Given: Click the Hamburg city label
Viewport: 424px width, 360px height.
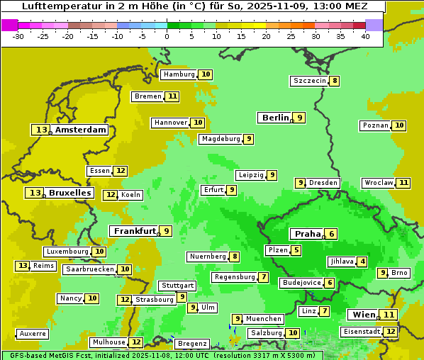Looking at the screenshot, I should click(179, 74).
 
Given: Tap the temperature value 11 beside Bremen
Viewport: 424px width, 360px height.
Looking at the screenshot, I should click(172, 96).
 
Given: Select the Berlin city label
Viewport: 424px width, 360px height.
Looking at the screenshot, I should click(275, 118).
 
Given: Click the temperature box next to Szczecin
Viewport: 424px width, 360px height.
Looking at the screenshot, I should click(334, 81).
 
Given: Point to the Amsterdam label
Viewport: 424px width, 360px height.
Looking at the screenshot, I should click(81, 130).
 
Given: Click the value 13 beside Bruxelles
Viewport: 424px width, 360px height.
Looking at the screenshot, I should click(34, 193).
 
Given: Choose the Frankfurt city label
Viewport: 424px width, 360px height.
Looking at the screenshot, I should click(134, 231).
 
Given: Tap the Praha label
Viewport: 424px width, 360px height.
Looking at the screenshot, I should click(307, 234).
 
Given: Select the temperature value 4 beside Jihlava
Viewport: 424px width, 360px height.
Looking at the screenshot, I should click(363, 261).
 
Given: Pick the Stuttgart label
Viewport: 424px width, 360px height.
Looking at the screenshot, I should click(177, 286).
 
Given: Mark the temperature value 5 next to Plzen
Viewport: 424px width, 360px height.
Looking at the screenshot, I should click(296, 250).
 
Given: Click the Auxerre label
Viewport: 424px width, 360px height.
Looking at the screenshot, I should click(33, 334).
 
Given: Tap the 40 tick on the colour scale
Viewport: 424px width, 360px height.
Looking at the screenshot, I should click(365, 36).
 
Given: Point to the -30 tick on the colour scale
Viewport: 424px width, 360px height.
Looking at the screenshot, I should click(18, 36).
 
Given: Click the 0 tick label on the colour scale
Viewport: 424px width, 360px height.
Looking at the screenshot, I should click(167, 36).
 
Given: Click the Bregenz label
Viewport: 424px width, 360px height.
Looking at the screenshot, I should click(192, 344).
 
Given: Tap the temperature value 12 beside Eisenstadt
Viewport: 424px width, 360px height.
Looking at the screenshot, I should click(390, 331).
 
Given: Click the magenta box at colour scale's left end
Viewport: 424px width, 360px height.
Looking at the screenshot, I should click(9, 25).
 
